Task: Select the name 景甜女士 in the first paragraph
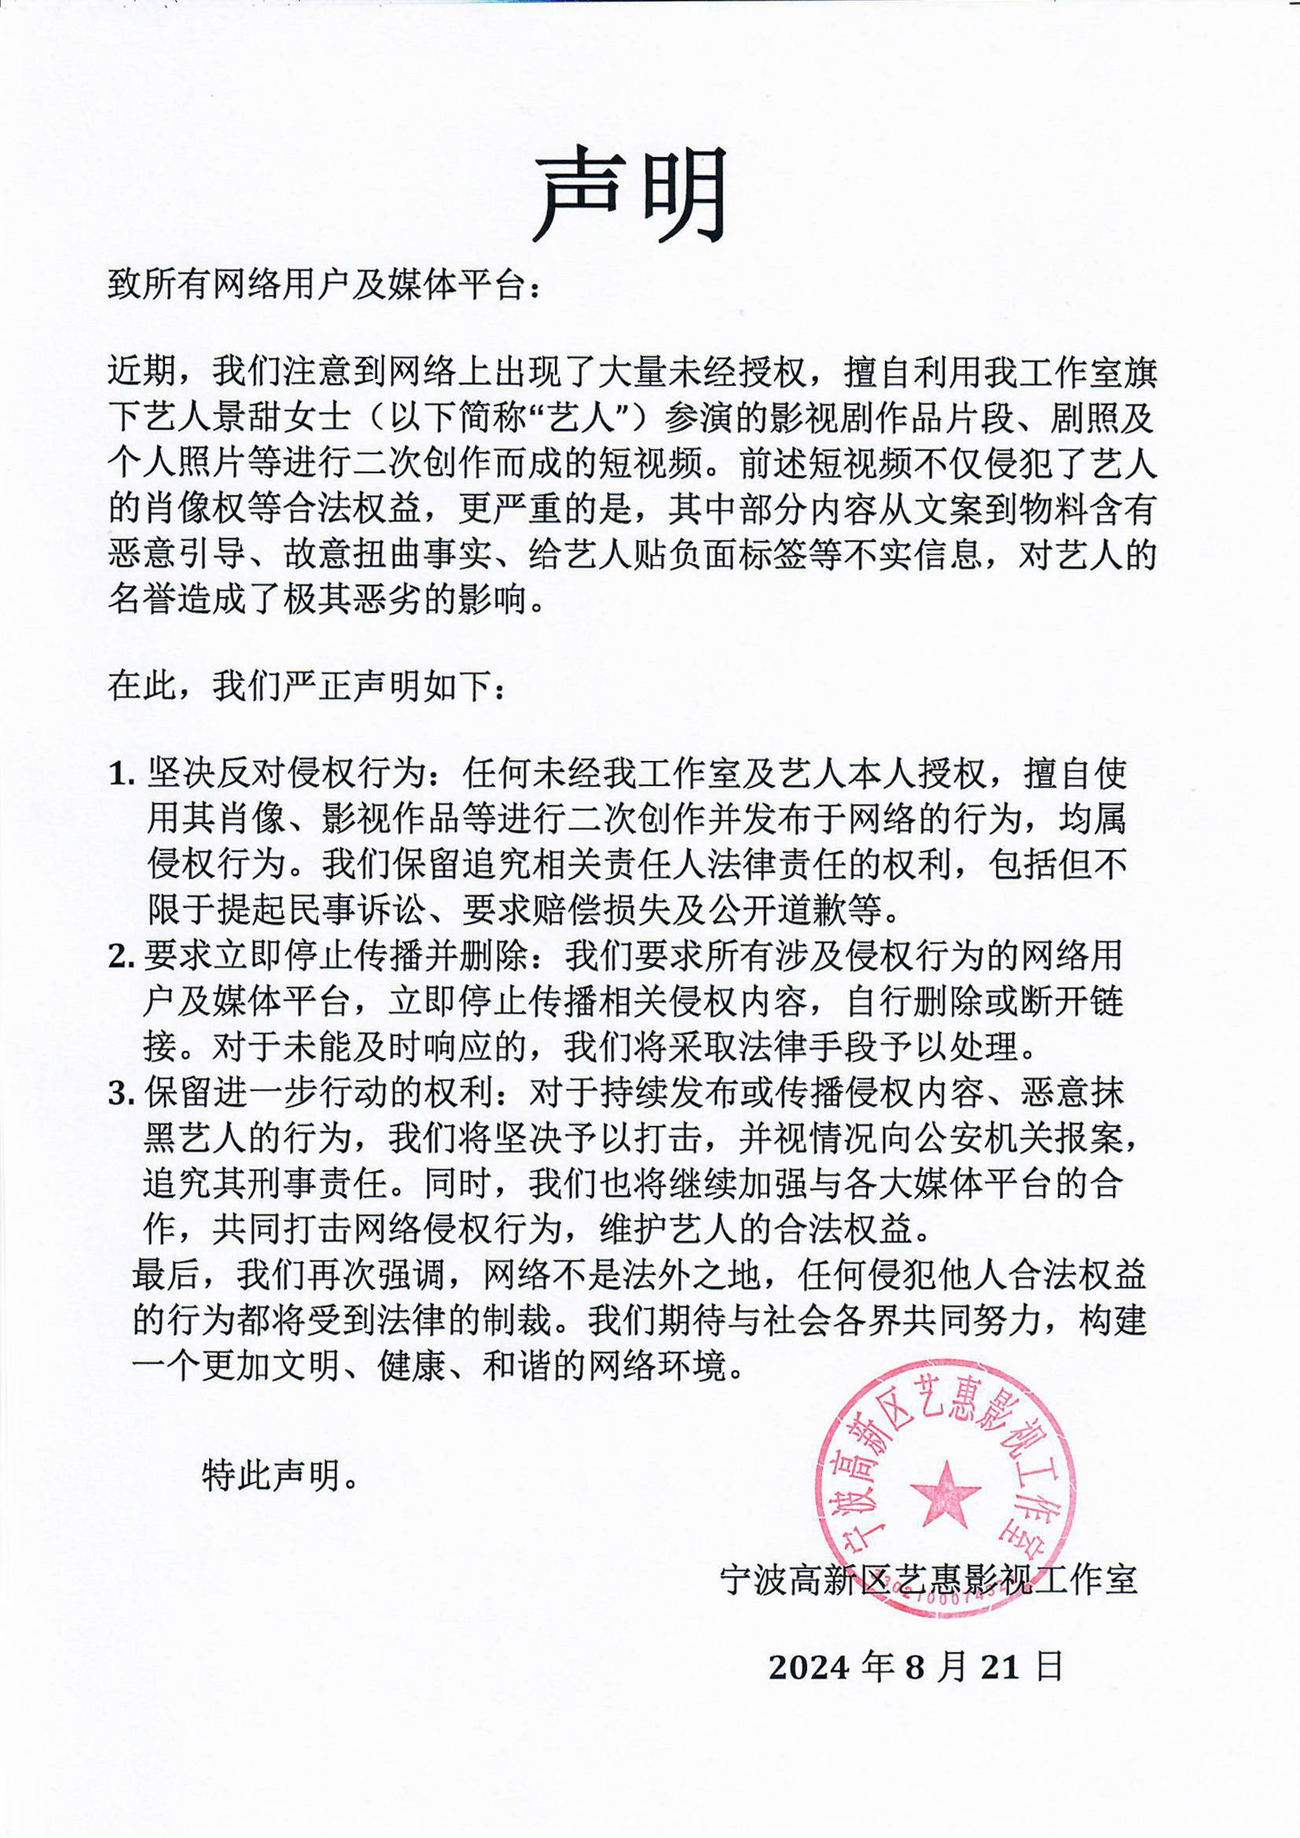click(x=281, y=417)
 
